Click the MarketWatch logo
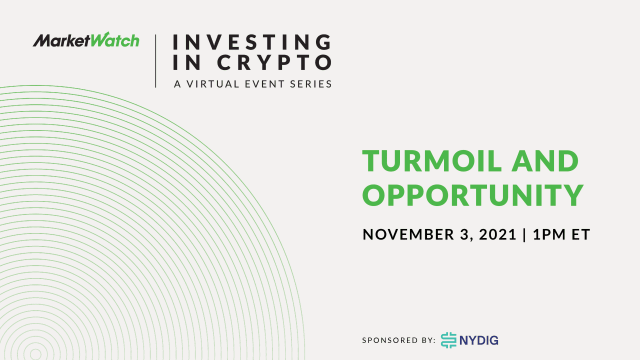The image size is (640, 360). pyautogui.click(x=86, y=39)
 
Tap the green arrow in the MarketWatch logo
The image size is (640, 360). pyautogui.click(x=104, y=35)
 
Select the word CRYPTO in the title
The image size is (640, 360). pyautogui.click(x=274, y=62)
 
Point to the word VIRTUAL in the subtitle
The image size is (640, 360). pyautogui.click(x=213, y=84)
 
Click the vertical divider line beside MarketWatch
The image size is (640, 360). pyautogui.click(x=155, y=61)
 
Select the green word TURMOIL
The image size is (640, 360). pyautogui.click(x=432, y=161)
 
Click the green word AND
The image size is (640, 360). pyautogui.click(x=545, y=161)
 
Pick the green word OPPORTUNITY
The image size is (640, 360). pyautogui.click(x=473, y=195)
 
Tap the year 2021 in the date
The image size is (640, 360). pyautogui.click(x=497, y=234)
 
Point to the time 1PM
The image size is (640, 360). pyautogui.click(x=549, y=234)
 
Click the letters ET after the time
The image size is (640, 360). pyautogui.click(x=581, y=234)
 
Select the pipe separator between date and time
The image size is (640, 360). pyautogui.click(x=524, y=235)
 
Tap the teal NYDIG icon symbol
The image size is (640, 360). pyautogui.click(x=448, y=340)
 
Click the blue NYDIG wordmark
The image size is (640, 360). pyautogui.click(x=479, y=340)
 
